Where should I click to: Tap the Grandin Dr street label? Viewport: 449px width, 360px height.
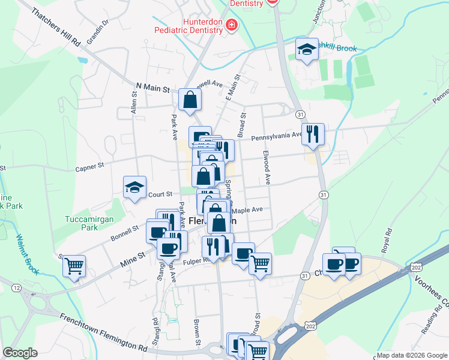pos(97,32)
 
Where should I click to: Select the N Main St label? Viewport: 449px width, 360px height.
pos(152,88)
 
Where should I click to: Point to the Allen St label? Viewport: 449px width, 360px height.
pos(134,103)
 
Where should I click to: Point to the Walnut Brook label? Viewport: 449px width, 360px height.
pos(28,256)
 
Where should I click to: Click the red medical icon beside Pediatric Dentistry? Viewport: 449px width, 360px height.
pos(232,25)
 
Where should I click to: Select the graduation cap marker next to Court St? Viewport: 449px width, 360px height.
pos(134,187)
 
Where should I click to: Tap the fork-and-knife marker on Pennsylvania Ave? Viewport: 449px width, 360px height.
pos(312,134)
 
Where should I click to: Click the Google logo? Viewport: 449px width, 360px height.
pos(20,353)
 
